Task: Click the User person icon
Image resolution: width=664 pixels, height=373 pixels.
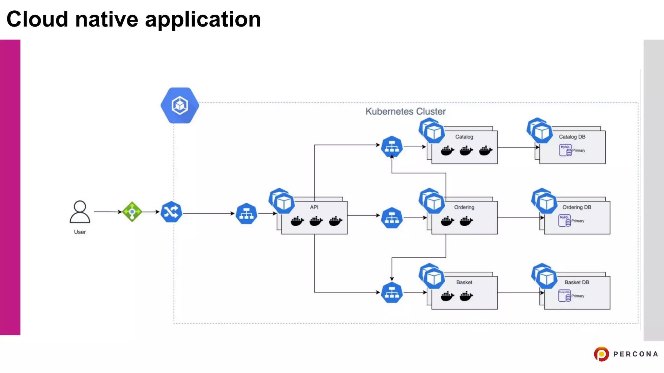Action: pyautogui.click(x=80, y=212)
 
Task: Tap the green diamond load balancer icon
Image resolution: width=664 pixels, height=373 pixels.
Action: pyautogui.click(x=132, y=212)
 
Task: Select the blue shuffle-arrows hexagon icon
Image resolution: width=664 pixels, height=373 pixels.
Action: pyautogui.click(x=171, y=212)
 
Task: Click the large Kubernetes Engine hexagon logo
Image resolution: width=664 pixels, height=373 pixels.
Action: pyautogui.click(x=180, y=105)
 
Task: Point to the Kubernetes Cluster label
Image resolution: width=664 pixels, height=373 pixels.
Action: pyautogui.click(x=405, y=111)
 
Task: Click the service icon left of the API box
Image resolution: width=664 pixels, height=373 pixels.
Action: pyautogui.click(x=246, y=214)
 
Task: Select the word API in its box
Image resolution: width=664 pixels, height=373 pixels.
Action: pyautogui.click(x=314, y=207)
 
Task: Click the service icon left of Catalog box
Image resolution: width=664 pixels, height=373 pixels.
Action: pyautogui.click(x=392, y=147)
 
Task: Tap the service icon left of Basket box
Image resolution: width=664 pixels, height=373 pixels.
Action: pyautogui.click(x=392, y=293)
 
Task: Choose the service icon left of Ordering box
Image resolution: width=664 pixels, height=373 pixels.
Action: pyautogui.click(x=392, y=218)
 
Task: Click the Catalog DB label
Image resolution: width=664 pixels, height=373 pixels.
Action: pyautogui.click(x=572, y=137)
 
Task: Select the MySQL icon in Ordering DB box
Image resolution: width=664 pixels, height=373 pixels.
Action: pyautogui.click(x=564, y=220)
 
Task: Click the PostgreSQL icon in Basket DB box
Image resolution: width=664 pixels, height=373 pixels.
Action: pyautogui.click(x=564, y=296)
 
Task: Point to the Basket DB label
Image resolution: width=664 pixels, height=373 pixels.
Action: pyautogui.click(x=576, y=282)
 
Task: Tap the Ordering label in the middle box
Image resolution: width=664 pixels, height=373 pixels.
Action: pyautogui.click(x=464, y=207)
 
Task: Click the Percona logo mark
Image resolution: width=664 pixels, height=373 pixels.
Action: pyautogui.click(x=601, y=354)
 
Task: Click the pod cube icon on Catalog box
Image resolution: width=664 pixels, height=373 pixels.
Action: pyautogui.click(x=433, y=132)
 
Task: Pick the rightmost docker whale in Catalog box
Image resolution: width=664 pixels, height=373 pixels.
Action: pyautogui.click(x=485, y=151)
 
